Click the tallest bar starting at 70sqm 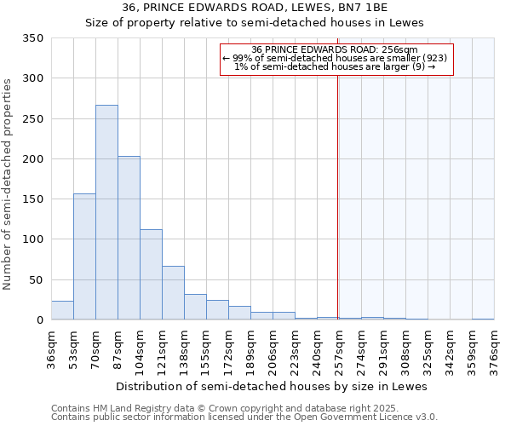click(106, 213)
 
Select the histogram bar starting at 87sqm click(129, 239)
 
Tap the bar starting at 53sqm click(84, 256)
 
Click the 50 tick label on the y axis click(36, 280)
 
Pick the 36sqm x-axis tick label click(52, 349)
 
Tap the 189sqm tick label click(251, 349)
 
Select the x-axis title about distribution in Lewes click(271, 386)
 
